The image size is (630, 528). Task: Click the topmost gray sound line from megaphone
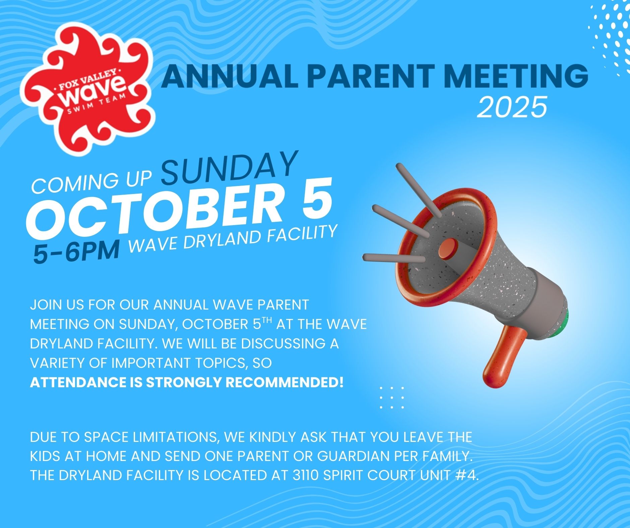419,190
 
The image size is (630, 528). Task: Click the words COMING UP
91,182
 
